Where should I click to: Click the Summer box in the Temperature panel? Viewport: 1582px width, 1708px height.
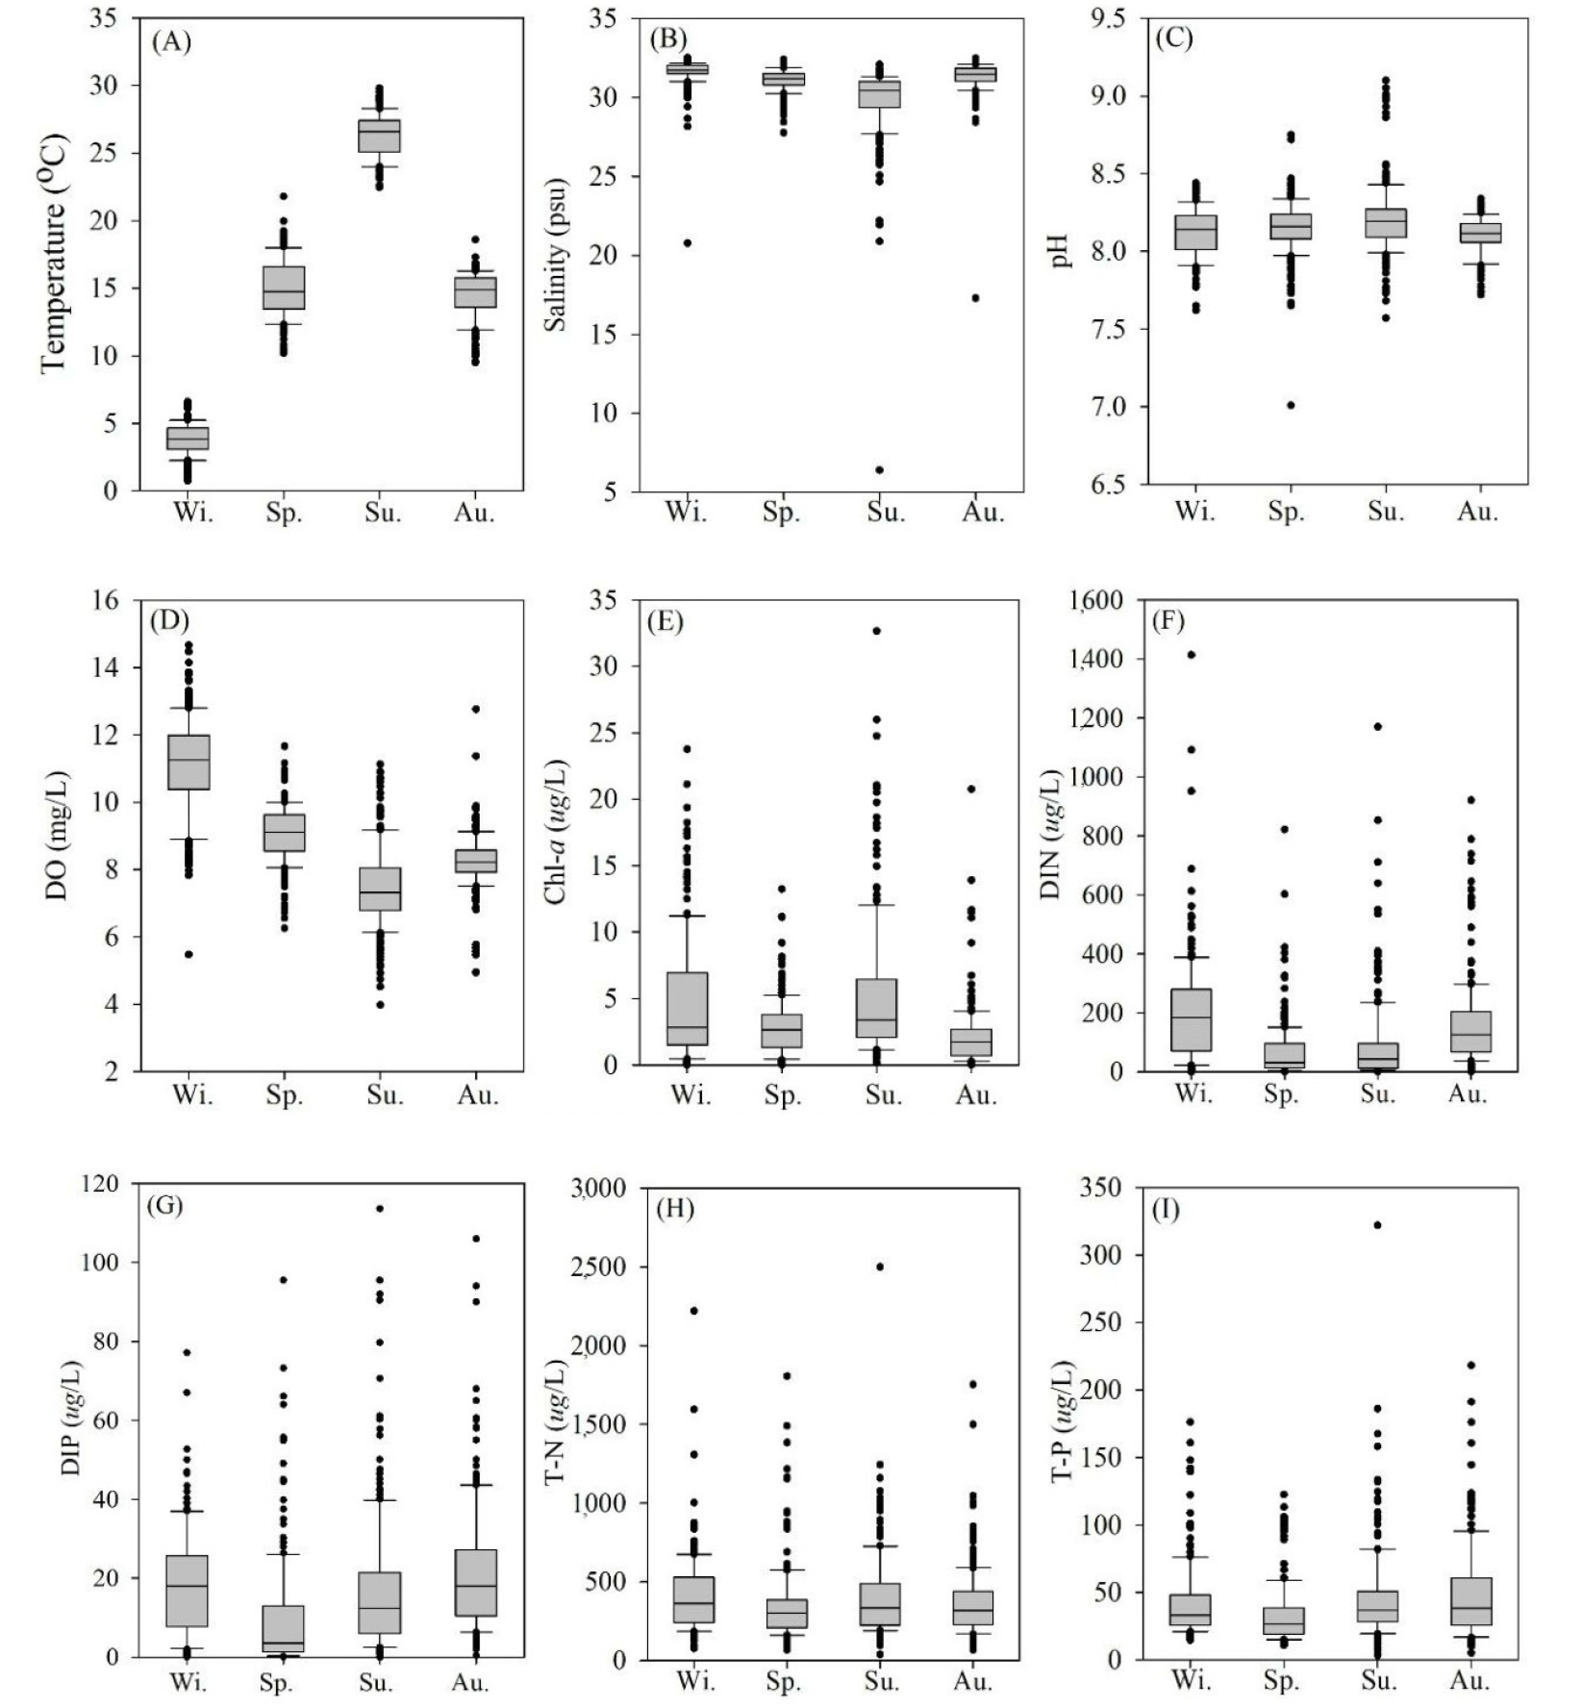[379, 136]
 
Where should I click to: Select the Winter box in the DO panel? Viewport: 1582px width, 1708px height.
[188, 762]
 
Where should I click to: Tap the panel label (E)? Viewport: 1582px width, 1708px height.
[665, 620]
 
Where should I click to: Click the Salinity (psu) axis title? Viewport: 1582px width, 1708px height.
[555, 255]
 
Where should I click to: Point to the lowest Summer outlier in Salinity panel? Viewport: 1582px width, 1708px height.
[879, 470]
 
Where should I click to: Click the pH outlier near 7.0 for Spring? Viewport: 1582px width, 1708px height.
[1291, 405]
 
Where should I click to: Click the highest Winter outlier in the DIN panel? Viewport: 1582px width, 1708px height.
[1191, 655]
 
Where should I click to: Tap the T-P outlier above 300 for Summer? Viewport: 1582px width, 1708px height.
[1377, 1225]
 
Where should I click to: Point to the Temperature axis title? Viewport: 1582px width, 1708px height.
[54, 255]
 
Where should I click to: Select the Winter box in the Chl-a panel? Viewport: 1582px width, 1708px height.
[688, 1009]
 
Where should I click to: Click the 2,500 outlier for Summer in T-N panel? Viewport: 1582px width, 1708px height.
[879, 1267]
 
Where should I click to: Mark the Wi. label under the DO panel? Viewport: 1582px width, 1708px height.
[191, 1095]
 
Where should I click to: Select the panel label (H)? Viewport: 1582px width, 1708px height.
[673, 1209]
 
